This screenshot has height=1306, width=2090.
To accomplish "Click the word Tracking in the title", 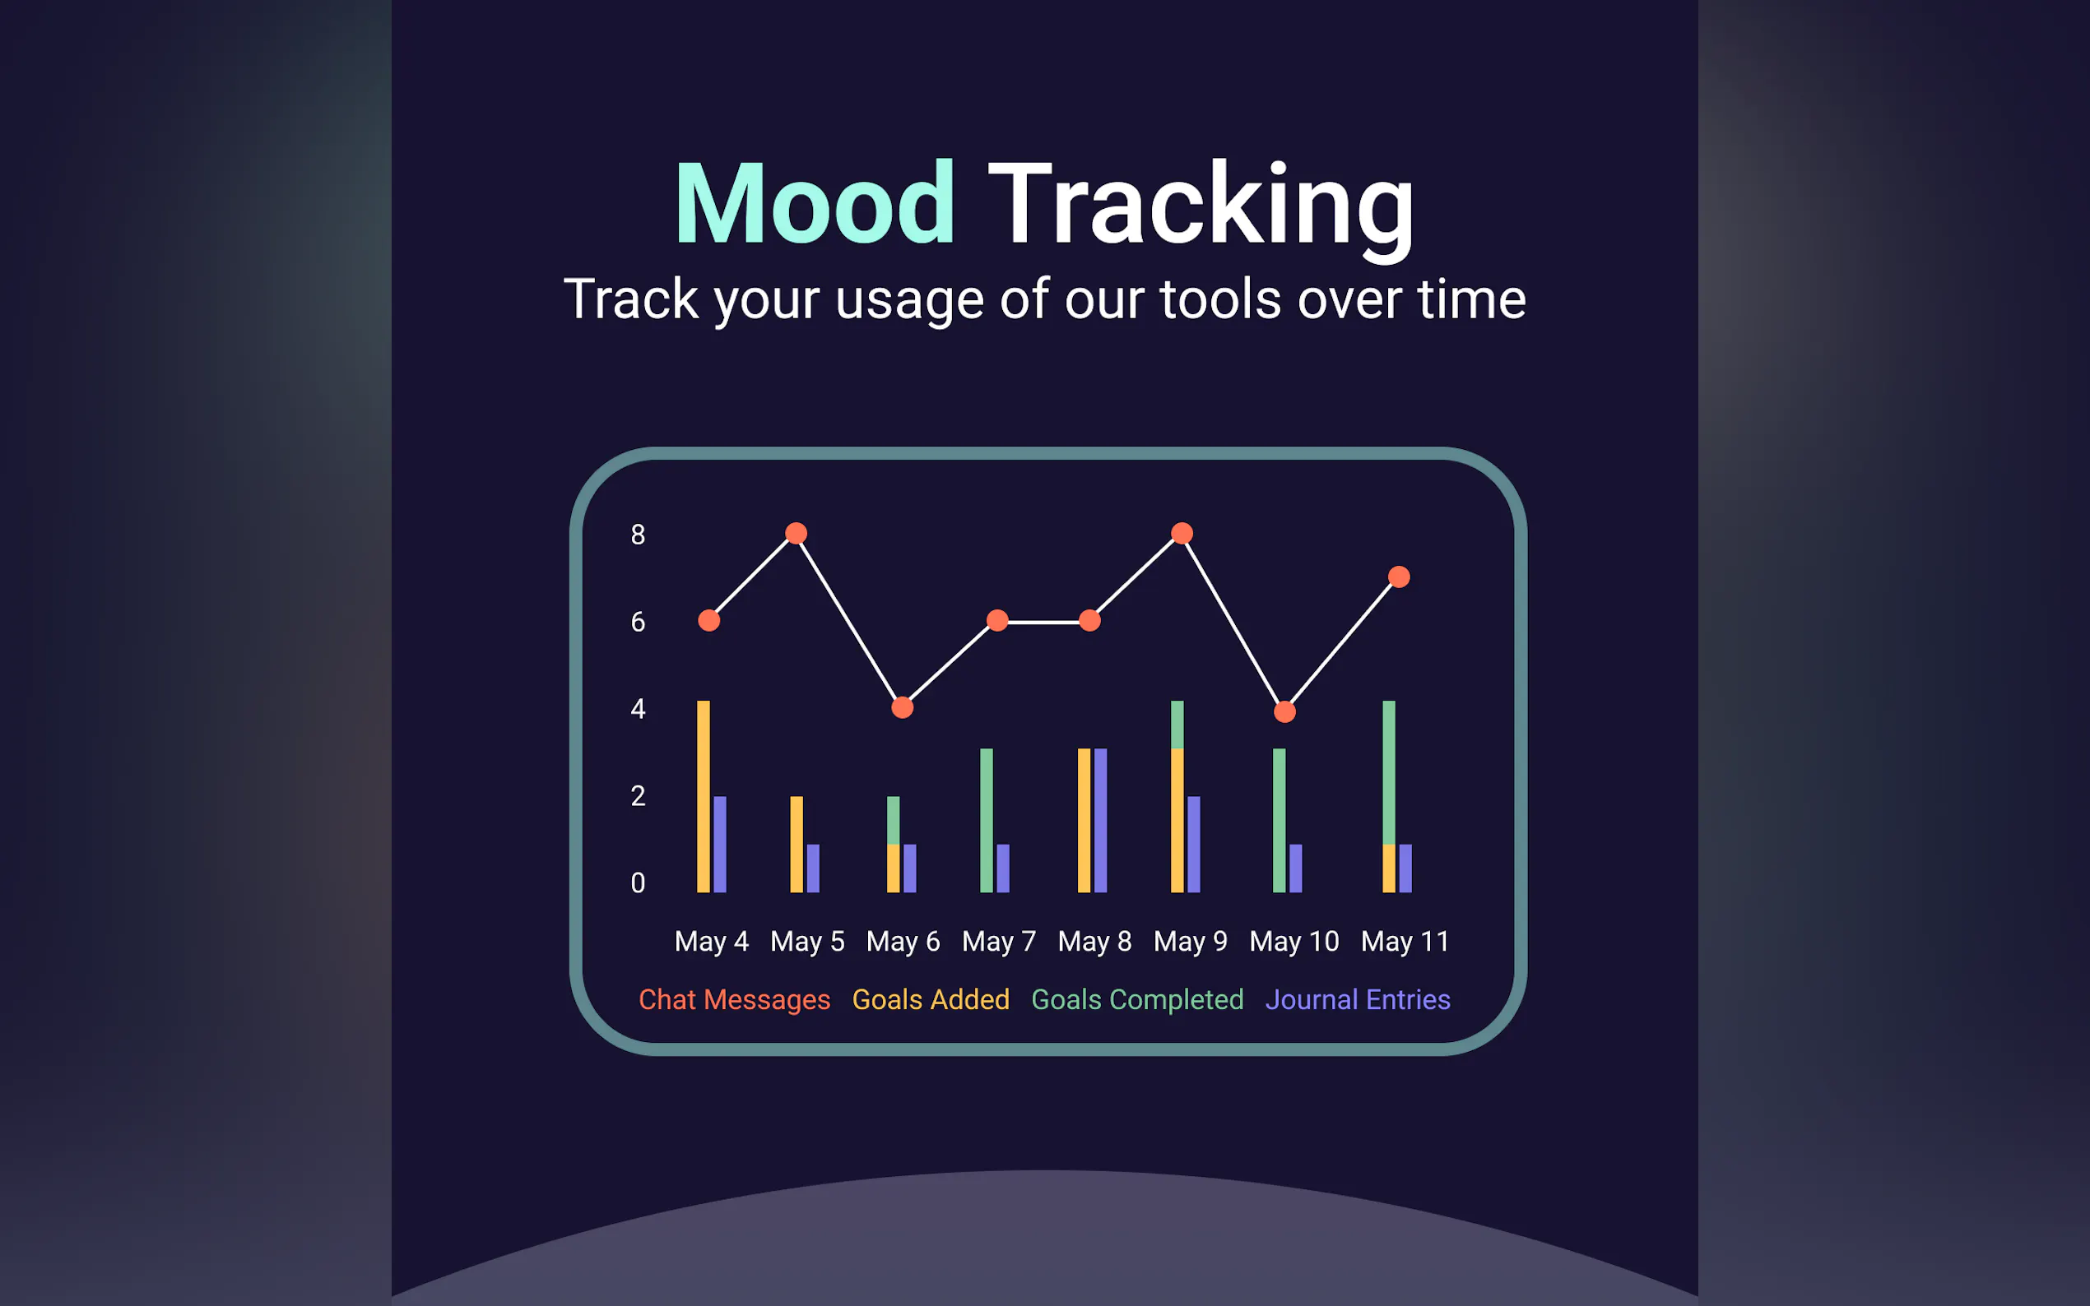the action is point(1202,207).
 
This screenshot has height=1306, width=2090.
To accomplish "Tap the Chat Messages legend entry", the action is point(735,999).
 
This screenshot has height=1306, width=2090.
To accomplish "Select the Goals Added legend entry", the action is point(931,999).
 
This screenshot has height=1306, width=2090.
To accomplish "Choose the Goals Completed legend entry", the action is point(1137,999).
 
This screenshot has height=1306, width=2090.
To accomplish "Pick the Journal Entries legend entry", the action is point(1358,999).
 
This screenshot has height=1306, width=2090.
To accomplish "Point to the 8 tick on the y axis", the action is point(638,535).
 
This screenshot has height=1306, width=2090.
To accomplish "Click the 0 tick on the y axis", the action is point(638,882).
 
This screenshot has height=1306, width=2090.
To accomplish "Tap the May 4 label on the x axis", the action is point(711,941).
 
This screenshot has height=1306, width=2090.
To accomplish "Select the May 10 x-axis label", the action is point(1294,941).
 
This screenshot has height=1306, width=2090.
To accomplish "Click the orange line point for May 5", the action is point(797,533).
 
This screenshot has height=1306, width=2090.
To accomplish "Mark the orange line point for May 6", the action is point(902,707).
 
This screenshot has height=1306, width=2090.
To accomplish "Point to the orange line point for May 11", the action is point(1399,577).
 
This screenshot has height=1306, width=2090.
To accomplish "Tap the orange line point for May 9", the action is point(1182,533).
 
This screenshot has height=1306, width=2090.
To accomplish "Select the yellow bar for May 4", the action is point(704,796).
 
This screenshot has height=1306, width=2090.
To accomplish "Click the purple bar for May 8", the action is point(1100,821).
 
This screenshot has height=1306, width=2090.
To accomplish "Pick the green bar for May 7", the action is point(986,821).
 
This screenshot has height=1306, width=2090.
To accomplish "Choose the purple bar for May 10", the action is point(1295,868).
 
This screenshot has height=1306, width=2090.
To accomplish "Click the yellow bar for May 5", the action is point(797,845).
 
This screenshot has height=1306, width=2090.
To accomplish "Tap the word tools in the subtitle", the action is point(1221,299).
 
